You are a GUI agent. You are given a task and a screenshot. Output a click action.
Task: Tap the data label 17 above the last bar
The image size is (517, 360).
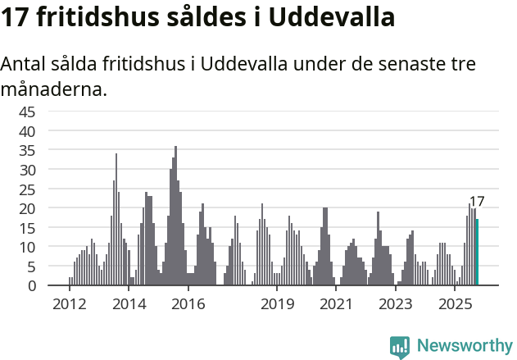point(477,202)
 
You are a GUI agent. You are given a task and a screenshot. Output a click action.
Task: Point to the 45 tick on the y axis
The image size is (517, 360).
point(27,112)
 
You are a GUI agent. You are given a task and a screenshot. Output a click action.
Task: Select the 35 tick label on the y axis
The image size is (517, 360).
point(27,150)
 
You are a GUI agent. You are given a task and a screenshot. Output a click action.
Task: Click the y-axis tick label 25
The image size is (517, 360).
point(27,189)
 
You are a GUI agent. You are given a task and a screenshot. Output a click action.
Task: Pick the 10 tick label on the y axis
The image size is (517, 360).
point(27,247)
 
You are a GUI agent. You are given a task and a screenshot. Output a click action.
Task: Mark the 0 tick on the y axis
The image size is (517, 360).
point(31,286)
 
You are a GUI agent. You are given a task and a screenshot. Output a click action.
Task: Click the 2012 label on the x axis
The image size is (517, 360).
point(70,304)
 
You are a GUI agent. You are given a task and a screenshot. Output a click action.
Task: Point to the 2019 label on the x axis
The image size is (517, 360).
point(278,304)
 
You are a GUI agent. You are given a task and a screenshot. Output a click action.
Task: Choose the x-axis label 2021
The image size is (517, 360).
point(337,304)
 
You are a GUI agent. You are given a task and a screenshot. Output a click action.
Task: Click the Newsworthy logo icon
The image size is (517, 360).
point(400,347)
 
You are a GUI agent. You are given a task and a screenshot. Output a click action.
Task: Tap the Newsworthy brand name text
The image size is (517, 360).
point(464,346)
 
